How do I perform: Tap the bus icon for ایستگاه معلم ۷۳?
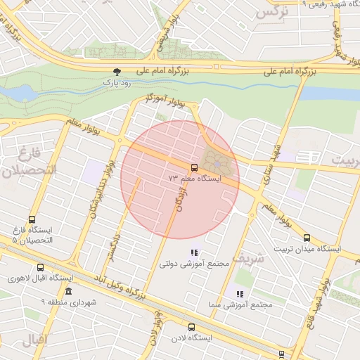point(193,167)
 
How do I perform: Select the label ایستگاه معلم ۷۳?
point(195,179)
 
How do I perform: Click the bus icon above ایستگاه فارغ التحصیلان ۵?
point(32,220)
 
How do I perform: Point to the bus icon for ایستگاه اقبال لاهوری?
point(40,268)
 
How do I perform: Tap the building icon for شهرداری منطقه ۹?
point(68,291)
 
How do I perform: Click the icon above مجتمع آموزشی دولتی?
point(195,252)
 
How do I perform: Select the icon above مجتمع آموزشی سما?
point(240,294)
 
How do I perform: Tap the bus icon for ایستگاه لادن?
point(191,327)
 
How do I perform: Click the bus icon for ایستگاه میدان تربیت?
point(307,238)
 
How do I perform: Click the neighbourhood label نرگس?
point(273,12)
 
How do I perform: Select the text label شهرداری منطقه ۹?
point(67,302)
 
